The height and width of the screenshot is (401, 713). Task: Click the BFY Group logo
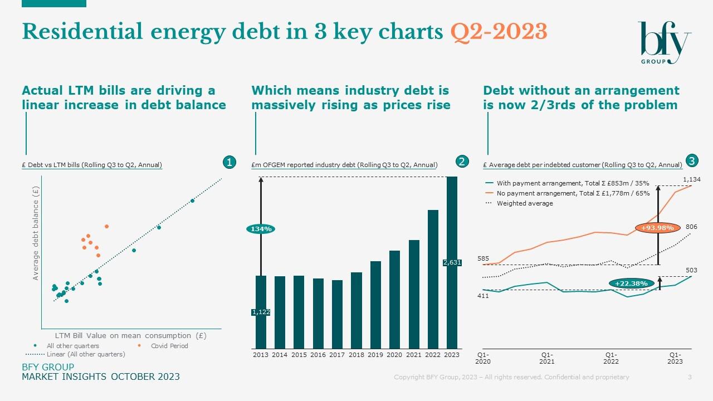point(664,42)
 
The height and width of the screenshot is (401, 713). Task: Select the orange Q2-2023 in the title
point(499,32)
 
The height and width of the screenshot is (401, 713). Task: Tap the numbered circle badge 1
point(228,162)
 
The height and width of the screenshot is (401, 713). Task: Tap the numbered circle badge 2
point(462,162)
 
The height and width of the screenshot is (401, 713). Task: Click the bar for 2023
point(452,262)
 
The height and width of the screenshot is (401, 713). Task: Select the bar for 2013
point(261,312)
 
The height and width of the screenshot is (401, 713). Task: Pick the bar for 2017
point(337,314)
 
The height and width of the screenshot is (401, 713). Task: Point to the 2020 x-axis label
point(394,355)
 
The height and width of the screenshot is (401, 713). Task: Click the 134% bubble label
point(261,229)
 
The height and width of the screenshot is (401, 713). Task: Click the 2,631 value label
point(452,262)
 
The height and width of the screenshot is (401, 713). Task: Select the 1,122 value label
point(261,312)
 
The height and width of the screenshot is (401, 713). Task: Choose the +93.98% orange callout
point(657,227)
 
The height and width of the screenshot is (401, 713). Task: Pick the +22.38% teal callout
point(632,283)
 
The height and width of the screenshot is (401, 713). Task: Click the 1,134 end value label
point(691,179)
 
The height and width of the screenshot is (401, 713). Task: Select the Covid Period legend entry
point(169,346)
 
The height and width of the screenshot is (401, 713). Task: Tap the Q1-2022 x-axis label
point(611,358)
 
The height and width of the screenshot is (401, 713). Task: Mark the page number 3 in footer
point(690,377)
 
